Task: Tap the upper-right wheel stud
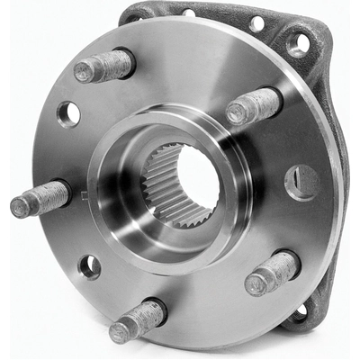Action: click(253, 105)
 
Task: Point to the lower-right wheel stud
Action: click(271, 272)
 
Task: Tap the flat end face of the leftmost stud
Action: click(21, 207)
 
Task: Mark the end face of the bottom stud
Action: click(119, 332)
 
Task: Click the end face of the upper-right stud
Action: click(237, 114)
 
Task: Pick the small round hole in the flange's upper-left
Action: click(68, 112)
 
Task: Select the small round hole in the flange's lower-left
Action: click(89, 266)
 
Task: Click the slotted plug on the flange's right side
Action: click(301, 182)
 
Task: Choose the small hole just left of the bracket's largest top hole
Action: click(257, 23)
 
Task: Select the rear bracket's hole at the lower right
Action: click(298, 311)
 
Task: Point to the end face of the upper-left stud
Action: click(84, 72)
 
